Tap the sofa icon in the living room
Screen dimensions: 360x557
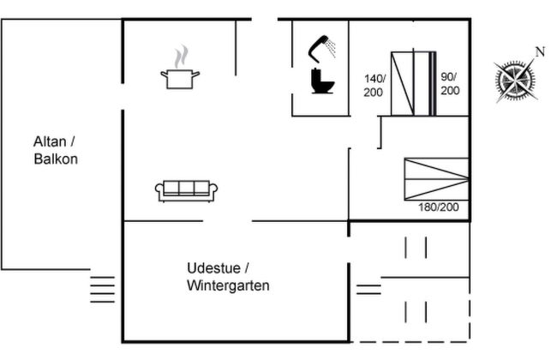click(187, 190)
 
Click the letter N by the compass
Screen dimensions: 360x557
click(540, 51)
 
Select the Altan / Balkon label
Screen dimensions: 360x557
click(56, 150)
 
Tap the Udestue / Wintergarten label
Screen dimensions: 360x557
click(227, 276)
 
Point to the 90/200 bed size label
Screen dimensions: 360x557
click(450, 83)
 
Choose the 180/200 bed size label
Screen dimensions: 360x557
click(439, 207)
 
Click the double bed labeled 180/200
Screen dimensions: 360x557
click(436, 178)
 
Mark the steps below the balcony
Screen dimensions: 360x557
click(102, 288)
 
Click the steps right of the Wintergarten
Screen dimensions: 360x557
click(368, 289)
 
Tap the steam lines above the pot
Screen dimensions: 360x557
click(180, 57)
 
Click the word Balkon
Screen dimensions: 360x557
click(56, 159)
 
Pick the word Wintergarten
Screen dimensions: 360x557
click(227, 285)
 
